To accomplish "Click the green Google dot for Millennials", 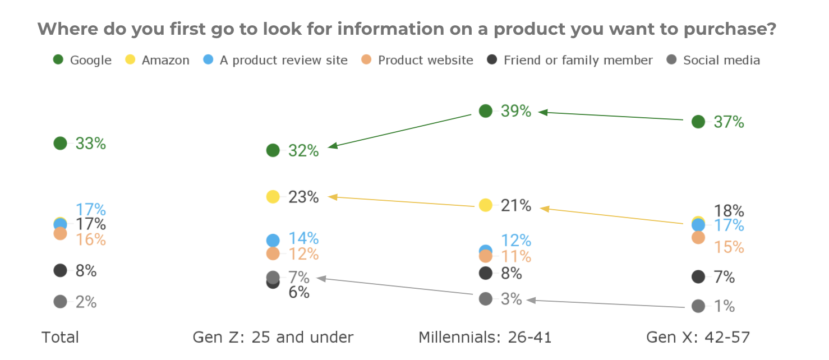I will click(486, 111).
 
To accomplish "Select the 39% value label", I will click(516, 111).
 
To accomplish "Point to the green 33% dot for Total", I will click(61, 144).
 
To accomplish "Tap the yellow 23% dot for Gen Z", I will click(273, 197).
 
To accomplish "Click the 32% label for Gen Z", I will click(303, 151).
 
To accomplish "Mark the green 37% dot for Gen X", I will click(698, 122).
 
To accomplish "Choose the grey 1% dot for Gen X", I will click(698, 306).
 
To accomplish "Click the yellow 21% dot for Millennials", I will click(486, 205).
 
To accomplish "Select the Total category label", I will click(61, 338).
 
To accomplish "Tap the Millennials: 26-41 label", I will click(485, 338).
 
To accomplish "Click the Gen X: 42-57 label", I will click(698, 338).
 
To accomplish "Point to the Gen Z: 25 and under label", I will click(273, 338).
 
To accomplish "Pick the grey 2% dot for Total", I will click(61, 302).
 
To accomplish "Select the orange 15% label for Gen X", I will click(729, 247).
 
